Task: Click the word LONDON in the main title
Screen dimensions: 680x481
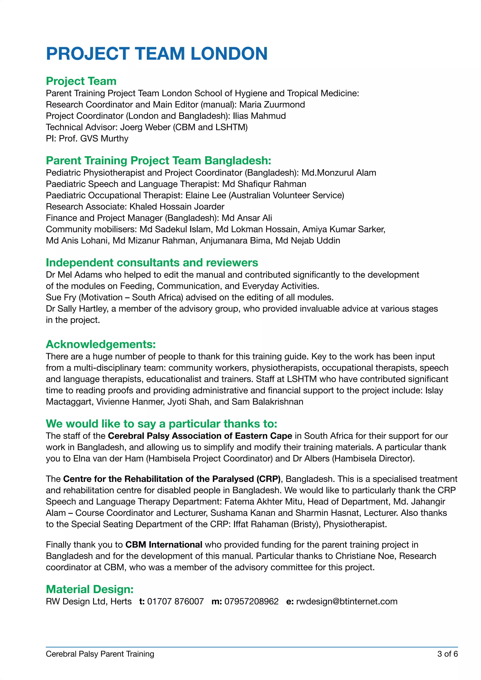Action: click(229, 54)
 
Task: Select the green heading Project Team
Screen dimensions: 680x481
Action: click(81, 81)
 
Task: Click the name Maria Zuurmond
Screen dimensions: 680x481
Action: click(272, 104)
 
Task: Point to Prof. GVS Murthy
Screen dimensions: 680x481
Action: click(94, 139)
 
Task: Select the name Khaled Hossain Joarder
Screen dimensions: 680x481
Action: click(177, 207)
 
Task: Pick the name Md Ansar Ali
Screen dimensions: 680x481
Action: click(247, 218)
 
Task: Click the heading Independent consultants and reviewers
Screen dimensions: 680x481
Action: click(152, 263)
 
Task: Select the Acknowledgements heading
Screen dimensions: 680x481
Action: click(101, 344)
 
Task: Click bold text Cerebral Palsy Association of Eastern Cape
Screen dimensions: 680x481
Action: click(200, 436)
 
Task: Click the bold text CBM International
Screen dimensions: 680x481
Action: click(164, 545)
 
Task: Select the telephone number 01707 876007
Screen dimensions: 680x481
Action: click(175, 602)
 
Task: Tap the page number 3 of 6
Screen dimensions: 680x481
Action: click(447, 654)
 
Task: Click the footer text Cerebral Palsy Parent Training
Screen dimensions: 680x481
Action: click(100, 654)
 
